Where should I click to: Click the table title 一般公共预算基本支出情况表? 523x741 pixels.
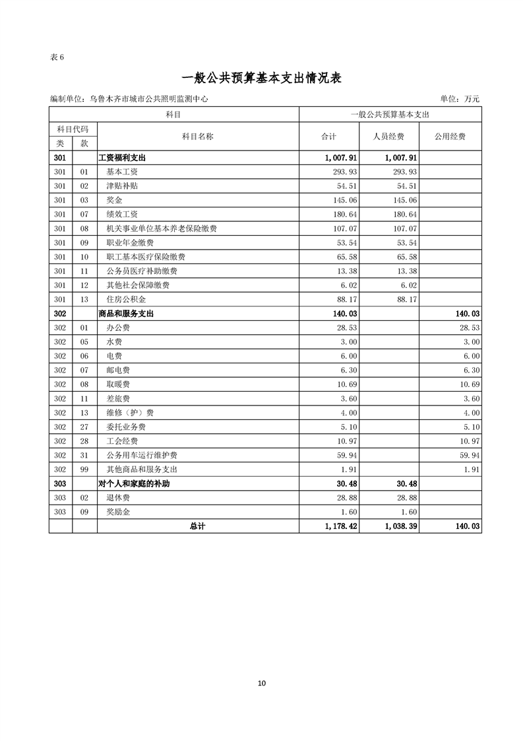pos(261,78)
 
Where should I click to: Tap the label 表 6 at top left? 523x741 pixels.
pos(57,57)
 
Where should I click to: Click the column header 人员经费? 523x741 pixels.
pos(389,137)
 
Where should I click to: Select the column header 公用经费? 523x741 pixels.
pos(450,137)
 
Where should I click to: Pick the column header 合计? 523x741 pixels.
pos(328,137)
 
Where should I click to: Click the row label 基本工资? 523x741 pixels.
pos(122,172)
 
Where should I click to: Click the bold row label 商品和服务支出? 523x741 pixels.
pos(126,314)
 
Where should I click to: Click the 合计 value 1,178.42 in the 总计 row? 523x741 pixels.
pos(342,526)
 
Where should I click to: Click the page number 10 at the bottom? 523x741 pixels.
pos(262,683)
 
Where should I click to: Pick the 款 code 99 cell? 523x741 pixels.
pos(84,470)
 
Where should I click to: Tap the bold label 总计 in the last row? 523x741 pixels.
pos(197,526)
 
